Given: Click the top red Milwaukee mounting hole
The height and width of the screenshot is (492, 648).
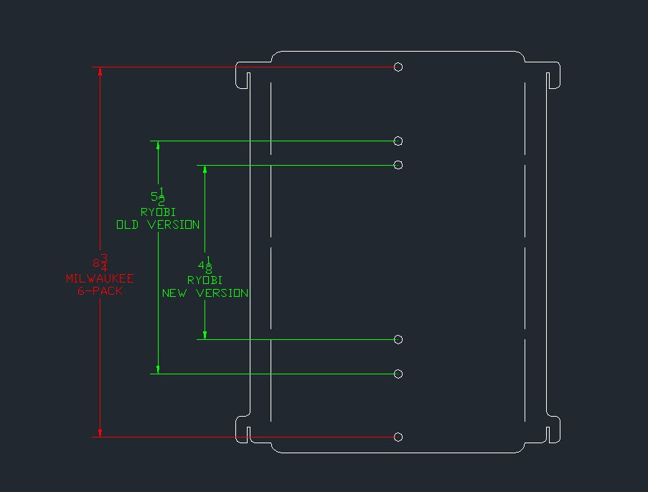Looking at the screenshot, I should tap(398, 67).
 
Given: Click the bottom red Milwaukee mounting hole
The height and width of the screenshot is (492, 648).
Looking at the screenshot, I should tap(398, 437).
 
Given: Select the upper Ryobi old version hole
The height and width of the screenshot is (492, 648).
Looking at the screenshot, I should tap(398, 141).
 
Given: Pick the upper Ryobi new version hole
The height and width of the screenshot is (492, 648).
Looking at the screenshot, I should tap(398, 166).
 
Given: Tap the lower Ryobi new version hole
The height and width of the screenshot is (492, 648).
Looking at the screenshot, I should tap(398, 340).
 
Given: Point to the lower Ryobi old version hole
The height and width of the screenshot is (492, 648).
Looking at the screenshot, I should tap(398, 374).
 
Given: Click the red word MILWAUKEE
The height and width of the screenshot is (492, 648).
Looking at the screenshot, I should tap(100, 278).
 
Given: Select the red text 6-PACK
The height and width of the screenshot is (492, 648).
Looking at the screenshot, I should tap(100, 291).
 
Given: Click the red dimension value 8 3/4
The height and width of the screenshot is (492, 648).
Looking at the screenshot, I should tap(100, 262).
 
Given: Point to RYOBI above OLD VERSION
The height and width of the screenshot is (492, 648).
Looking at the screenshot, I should tap(159, 212).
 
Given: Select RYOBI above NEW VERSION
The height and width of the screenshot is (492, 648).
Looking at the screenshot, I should tap(205, 280).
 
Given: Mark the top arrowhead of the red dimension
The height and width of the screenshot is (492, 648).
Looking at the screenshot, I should tap(100, 72).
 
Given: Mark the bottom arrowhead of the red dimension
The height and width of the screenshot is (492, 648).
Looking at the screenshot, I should tap(100, 432).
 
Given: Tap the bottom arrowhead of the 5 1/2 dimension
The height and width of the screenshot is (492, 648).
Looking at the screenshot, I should tap(158, 369).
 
